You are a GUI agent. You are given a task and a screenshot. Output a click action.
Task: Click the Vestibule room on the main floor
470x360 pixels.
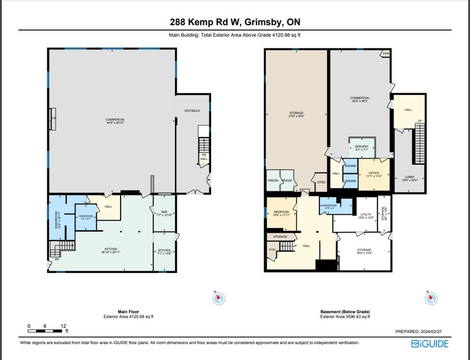tap(192, 111)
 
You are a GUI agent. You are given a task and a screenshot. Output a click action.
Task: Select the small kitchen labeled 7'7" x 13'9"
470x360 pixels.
tap(165, 252)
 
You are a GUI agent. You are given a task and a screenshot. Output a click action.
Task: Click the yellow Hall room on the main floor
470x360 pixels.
tap(108, 207)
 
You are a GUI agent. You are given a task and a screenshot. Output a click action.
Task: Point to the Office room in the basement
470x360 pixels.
tap(374, 174)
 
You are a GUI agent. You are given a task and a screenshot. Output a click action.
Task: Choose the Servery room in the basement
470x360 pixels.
tap(361, 147)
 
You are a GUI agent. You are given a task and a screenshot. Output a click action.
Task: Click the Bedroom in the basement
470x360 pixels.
tap(281, 214)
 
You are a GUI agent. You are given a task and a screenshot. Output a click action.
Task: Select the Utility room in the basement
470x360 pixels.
tap(366, 216)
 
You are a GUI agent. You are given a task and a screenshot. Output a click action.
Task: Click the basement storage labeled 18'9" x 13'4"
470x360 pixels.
tap(365, 252)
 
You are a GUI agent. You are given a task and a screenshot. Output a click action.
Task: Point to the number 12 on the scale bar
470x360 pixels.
tap(64, 326)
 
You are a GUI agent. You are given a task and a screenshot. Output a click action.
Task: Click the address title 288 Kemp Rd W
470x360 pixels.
tap(234, 23)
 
